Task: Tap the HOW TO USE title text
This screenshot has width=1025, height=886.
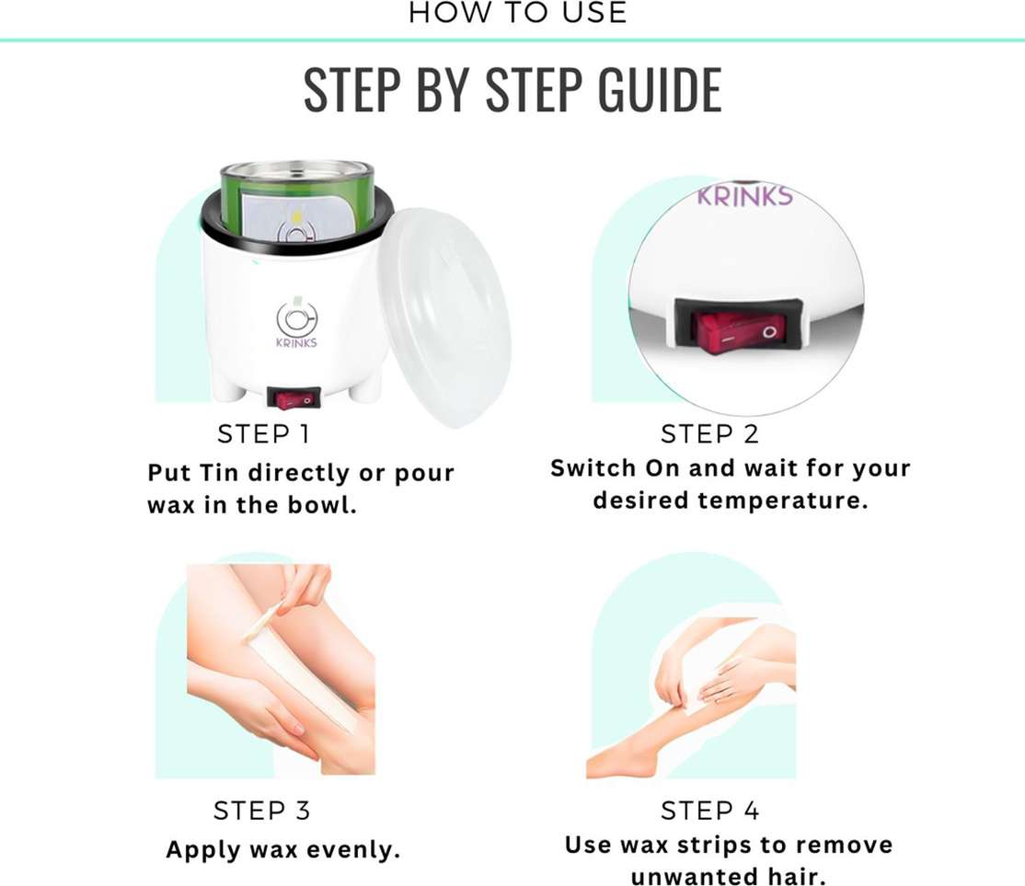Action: pos(518,13)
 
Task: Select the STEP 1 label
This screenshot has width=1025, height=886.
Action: pos(263,434)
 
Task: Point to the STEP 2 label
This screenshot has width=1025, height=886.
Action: pos(709,434)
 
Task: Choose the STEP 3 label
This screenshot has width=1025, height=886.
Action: pos(262,811)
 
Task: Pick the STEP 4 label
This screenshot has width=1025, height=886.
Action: pos(710,811)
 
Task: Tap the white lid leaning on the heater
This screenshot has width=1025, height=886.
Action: pos(445,317)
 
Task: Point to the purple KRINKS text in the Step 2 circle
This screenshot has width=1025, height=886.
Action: pos(744,195)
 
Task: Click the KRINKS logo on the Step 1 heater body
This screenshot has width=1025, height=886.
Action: pos(296,324)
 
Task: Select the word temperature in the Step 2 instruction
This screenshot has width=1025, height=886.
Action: pos(782,501)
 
